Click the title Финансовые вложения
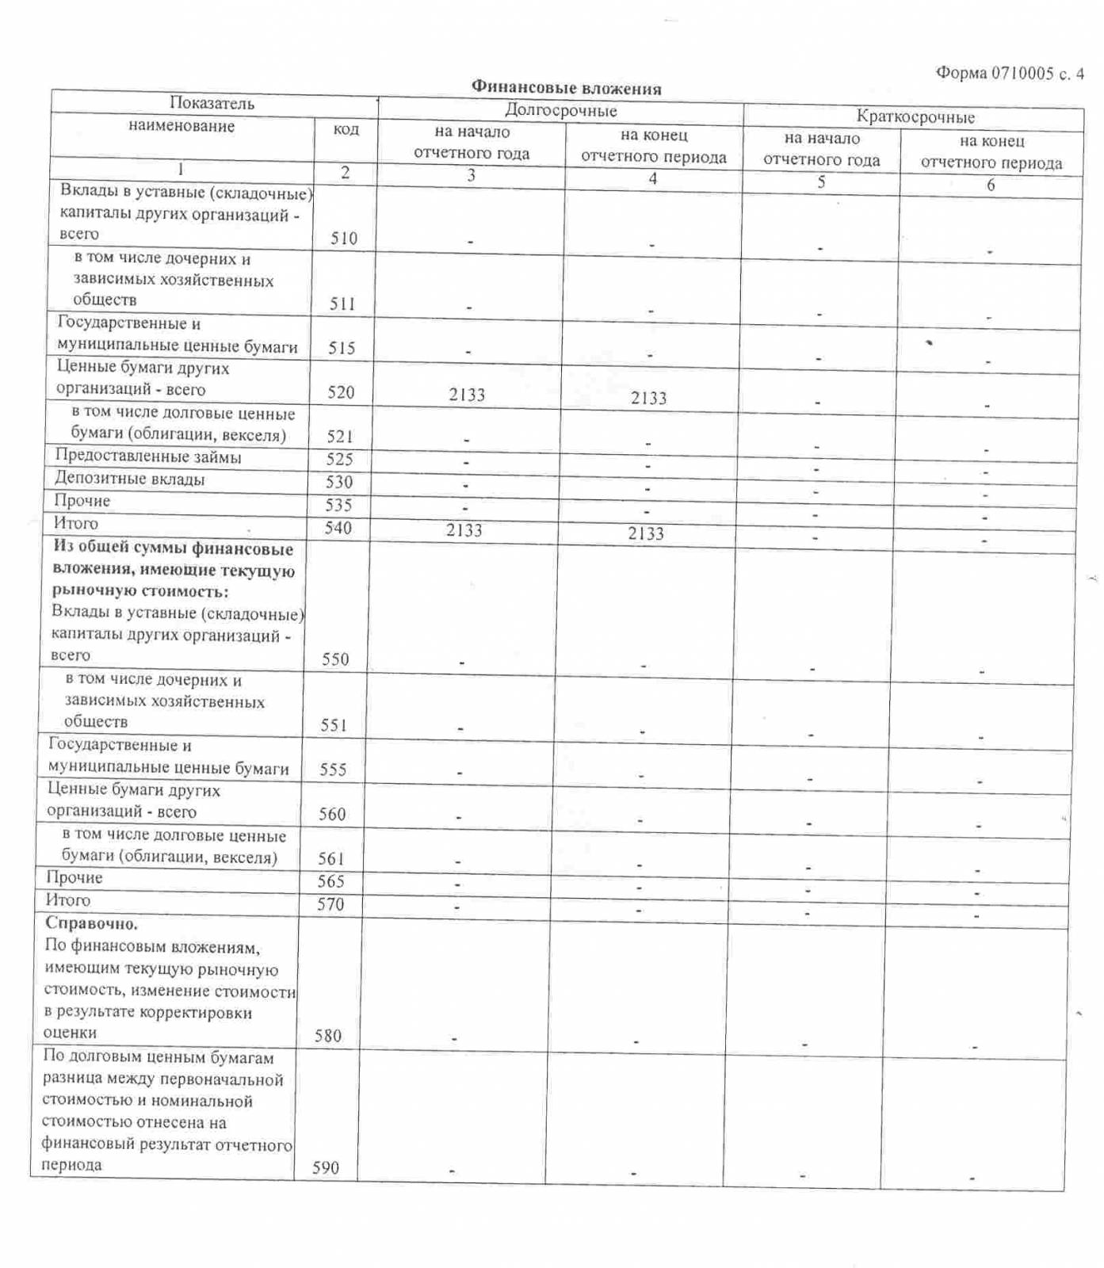pyautogui.click(x=566, y=87)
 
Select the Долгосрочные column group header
pyautogui.click(x=560, y=110)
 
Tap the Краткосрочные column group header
pyautogui.click(x=915, y=117)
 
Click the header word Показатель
pyautogui.click(x=212, y=103)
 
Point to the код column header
pyautogui.click(x=346, y=129)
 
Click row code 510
pyautogui.click(x=343, y=238)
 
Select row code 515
pyautogui.click(x=342, y=348)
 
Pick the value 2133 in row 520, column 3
pyautogui.click(x=467, y=395)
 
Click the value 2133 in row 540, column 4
pyautogui.click(x=646, y=533)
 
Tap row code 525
pyautogui.click(x=340, y=460)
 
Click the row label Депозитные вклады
pyautogui.click(x=129, y=479)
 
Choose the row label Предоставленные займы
pyautogui.click(x=147, y=456)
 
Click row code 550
pyautogui.click(x=335, y=659)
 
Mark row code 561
pyautogui.click(x=331, y=858)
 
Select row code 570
pyautogui.click(x=330, y=904)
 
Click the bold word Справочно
pyautogui.click(x=91, y=923)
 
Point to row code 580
pyautogui.click(x=327, y=1036)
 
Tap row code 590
pyautogui.click(x=325, y=1167)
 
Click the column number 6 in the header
pyautogui.click(x=990, y=185)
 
